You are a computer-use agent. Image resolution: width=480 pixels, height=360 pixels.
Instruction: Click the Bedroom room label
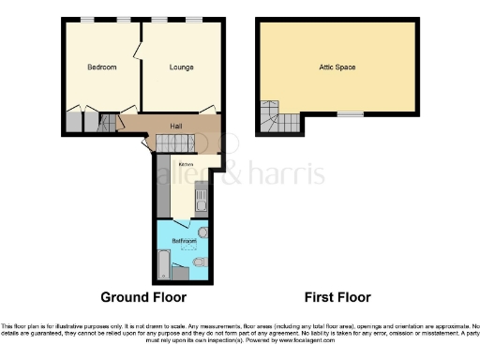[x=102, y=67]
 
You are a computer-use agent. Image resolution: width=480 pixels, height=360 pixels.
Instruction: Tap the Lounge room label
[x=181, y=67]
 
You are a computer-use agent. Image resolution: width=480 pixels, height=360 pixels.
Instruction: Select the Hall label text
[x=175, y=126]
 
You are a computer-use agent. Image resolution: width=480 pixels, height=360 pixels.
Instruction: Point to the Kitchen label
[x=173, y=164]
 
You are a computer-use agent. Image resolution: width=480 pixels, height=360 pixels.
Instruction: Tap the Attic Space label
[x=333, y=67]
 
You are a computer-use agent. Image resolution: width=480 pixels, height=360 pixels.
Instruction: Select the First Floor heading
[x=337, y=297]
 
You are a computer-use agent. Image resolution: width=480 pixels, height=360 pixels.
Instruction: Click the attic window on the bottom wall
[x=351, y=114]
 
